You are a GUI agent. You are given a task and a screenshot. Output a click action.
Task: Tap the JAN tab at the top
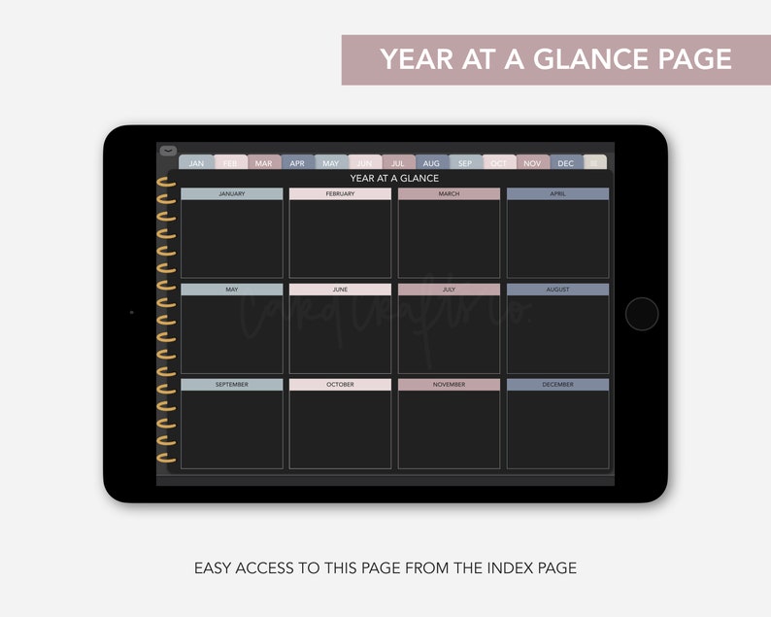click(196, 163)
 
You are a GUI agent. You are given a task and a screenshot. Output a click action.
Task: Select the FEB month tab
click(230, 163)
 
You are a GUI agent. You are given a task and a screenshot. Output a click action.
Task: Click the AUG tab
click(431, 163)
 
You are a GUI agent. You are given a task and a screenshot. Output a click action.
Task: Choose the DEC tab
click(566, 163)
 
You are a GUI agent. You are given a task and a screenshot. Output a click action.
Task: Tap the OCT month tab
click(498, 163)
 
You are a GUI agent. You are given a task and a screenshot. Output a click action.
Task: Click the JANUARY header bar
click(232, 194)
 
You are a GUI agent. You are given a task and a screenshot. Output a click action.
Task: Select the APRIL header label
click(557, 194)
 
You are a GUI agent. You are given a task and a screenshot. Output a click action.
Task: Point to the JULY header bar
click(449, 290)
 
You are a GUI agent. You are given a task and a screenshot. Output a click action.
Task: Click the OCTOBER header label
click(340, 385)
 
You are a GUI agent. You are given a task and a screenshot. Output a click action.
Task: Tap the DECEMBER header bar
click(557, 385)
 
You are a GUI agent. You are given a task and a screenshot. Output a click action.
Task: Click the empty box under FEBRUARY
click(340, 239)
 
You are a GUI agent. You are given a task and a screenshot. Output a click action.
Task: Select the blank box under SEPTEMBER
click(232, 429)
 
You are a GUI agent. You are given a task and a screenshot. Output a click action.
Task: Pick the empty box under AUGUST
click(557, 334)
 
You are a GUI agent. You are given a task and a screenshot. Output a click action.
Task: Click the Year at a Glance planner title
click(394, 179)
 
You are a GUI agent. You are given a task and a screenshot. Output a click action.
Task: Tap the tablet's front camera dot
click(131, 313)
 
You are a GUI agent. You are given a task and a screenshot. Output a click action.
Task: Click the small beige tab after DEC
click(596, 163)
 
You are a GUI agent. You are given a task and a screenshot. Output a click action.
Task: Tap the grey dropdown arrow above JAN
click(168, 151)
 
